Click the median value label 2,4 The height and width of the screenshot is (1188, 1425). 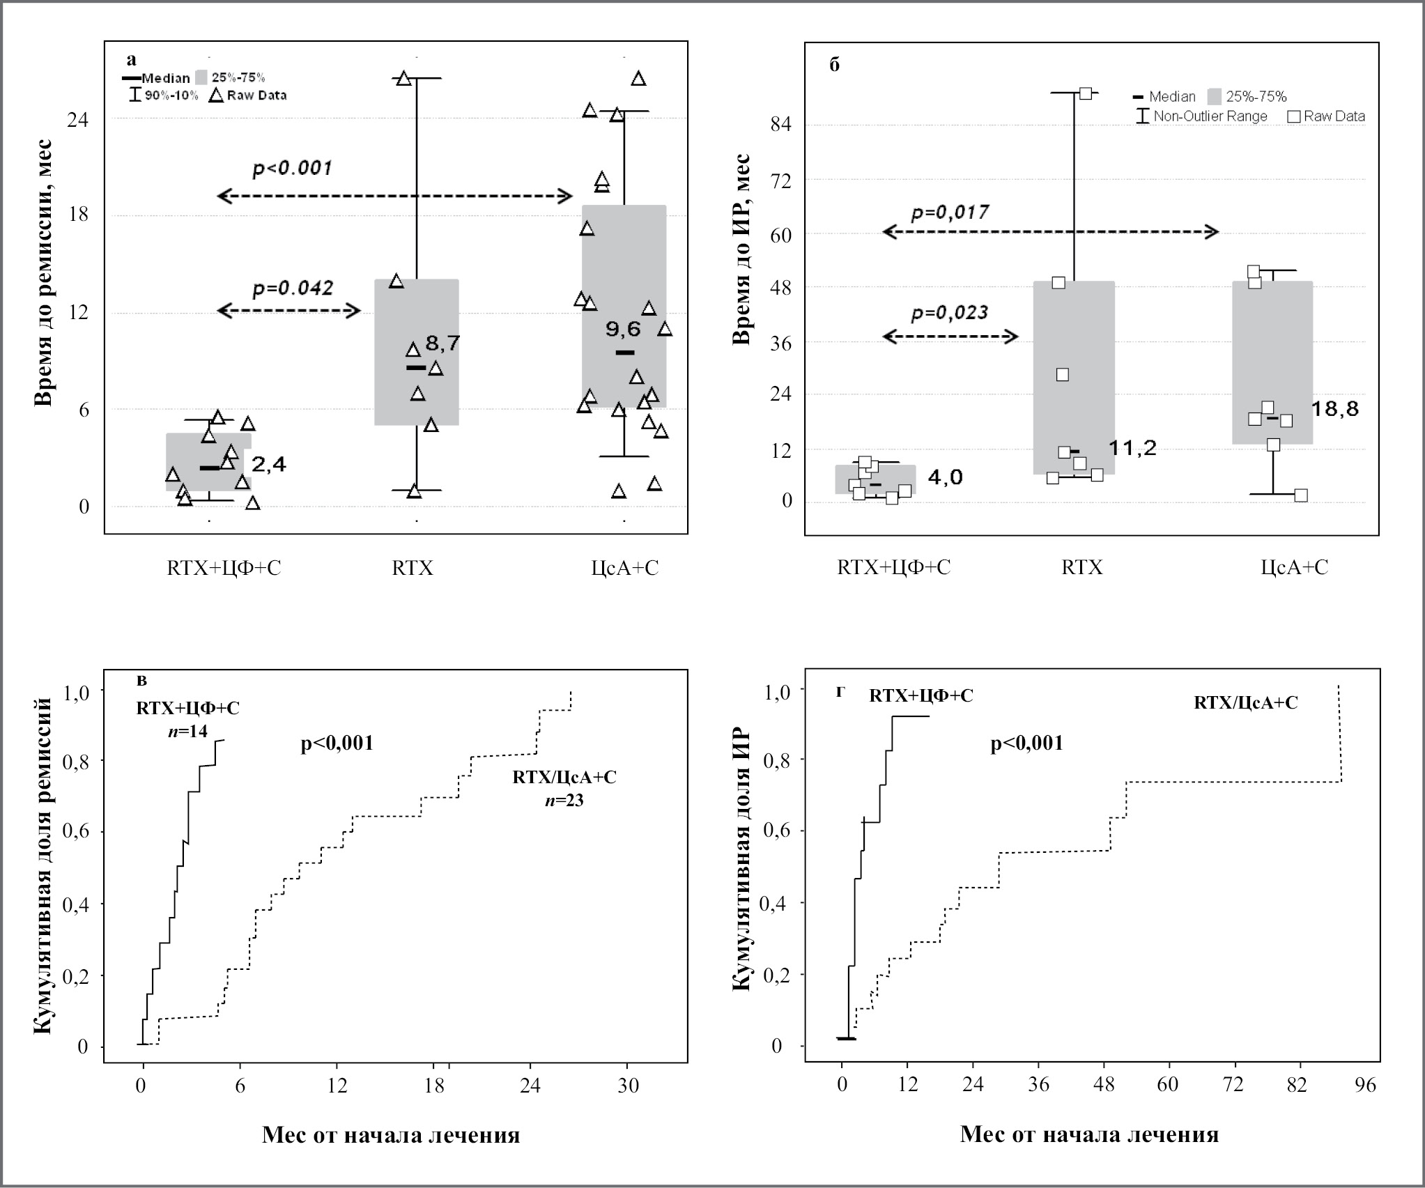point(269,464)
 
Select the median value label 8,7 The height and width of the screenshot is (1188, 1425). point(443,343)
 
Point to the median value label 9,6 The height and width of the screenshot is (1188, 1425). point(623,329)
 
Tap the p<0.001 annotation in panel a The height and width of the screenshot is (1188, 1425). point(292,168)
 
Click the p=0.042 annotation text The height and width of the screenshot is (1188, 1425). point(293,287)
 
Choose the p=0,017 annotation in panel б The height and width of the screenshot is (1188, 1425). point(950,212)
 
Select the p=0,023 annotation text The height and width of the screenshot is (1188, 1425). point(950,313)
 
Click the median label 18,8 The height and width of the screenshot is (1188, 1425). point(1335,409)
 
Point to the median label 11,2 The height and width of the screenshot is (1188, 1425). point(1133,447)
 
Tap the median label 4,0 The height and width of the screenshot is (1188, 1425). point(946,477)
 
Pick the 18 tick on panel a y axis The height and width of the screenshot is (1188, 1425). point(78,215)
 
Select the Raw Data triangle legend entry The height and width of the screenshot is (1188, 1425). point(248,95)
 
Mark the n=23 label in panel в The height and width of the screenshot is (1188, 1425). point(564,800)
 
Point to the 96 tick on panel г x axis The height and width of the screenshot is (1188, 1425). point(1366,1086)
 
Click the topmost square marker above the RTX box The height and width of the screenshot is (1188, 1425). point(1086,93)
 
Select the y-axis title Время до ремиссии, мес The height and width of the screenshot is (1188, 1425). point(43,272)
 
